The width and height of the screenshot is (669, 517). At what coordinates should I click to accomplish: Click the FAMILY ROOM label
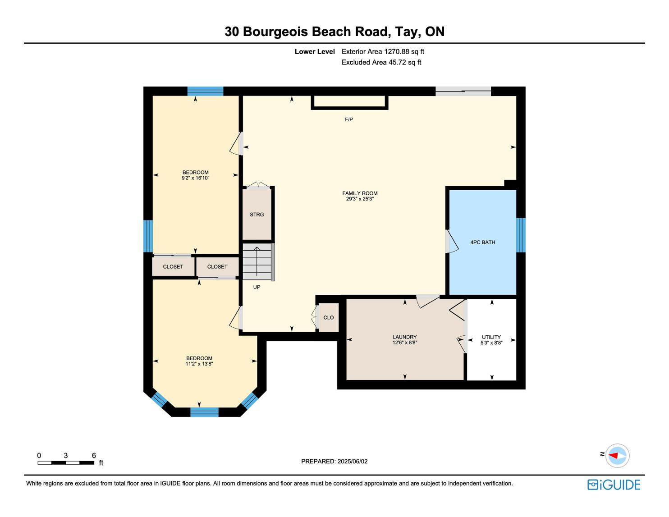pos(360,193)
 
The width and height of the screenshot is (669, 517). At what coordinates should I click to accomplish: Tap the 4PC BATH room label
pos(482,242)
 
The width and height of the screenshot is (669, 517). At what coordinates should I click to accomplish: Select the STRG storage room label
pos(257,215)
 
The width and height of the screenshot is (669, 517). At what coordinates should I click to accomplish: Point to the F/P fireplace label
pos(349,119)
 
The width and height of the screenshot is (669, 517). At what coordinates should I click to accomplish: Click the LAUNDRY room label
pos(404,337)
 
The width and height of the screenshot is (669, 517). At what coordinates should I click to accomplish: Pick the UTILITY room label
pos(491,337)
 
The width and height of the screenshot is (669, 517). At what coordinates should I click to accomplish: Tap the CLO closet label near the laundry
pos(329,318)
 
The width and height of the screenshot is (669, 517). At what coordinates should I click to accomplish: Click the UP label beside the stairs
pos(257,287)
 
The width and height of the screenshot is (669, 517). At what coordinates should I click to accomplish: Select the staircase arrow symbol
pos(257,261)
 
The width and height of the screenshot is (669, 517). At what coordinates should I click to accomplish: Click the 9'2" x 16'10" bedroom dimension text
pos(196,178)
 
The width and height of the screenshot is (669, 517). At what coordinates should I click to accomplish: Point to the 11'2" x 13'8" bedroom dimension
pos(199,364)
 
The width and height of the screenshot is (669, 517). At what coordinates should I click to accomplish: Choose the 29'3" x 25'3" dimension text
pos(360,199)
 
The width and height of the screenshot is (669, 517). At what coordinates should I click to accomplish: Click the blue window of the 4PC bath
pos(521,235)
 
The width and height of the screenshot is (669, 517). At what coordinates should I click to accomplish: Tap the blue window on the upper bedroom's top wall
pos(206,92)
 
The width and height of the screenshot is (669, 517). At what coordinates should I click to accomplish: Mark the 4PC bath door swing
pos(452,242)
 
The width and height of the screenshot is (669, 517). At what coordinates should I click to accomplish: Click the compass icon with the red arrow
pos(617,456)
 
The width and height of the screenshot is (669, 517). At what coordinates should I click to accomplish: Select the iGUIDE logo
pos(614,485)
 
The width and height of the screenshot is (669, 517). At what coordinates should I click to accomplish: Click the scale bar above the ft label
pos(66,463)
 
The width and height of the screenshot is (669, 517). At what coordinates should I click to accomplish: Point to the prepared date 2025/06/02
pos(352,461)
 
